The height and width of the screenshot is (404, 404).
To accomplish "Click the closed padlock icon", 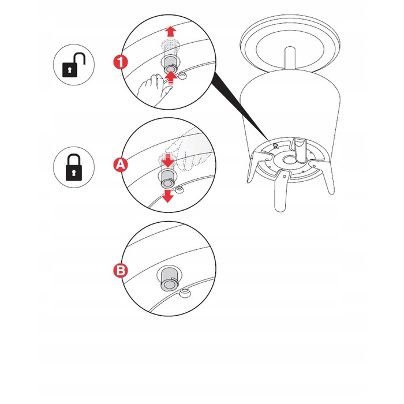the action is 74,167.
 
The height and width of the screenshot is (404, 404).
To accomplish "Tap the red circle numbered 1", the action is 121,62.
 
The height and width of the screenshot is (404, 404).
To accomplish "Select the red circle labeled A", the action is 121,164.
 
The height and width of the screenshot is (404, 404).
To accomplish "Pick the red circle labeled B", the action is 121,271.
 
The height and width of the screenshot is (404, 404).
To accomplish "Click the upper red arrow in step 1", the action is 170,32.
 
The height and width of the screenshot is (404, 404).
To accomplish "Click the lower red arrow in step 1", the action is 170,78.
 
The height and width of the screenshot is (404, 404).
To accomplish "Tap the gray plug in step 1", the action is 169,65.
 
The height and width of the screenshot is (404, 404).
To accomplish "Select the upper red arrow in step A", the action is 168,160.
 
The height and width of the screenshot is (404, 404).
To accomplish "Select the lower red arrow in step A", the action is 168,196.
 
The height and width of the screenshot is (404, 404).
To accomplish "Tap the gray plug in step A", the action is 168,179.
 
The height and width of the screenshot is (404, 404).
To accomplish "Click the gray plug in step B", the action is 169,279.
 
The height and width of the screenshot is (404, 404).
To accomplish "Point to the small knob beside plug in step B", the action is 185,293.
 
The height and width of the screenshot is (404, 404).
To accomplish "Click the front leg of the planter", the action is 282,190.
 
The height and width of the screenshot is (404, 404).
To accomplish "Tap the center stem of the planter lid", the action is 290,58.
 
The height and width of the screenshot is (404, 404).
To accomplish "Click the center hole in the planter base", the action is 289,160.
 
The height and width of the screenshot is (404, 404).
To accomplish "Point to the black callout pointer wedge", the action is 241,106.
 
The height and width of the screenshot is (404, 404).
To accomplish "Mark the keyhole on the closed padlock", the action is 74,173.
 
